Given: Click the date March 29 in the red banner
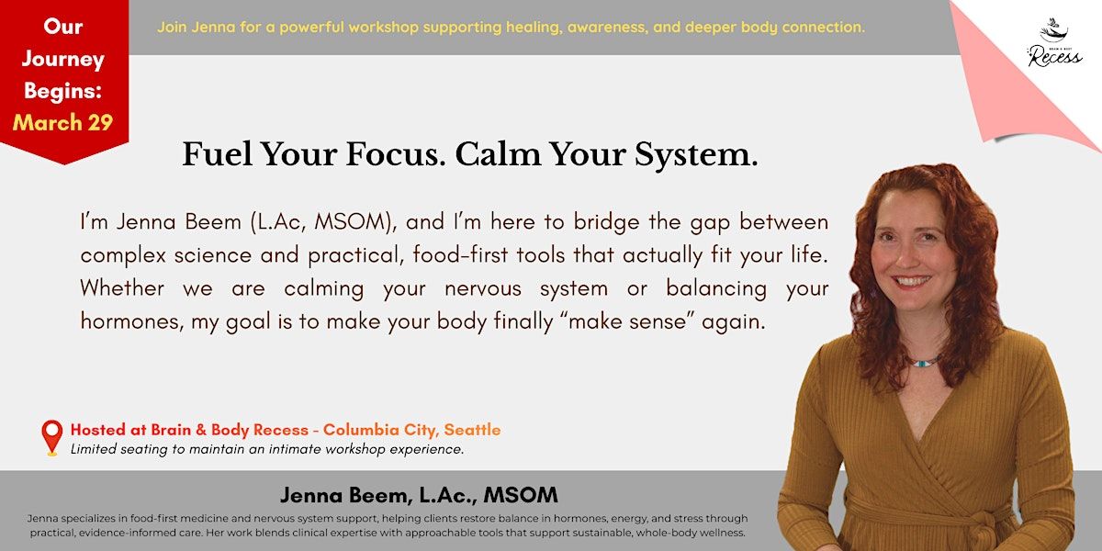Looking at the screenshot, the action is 63,122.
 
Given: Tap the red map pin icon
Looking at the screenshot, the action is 52,437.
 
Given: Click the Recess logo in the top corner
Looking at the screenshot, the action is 1054,43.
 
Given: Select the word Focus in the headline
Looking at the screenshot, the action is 396,154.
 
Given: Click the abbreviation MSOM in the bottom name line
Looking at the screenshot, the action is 521,495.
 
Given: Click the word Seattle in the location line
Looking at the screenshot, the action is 472,430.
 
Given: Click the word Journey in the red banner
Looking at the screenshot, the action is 63,60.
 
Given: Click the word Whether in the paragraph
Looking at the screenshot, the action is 122,287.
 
